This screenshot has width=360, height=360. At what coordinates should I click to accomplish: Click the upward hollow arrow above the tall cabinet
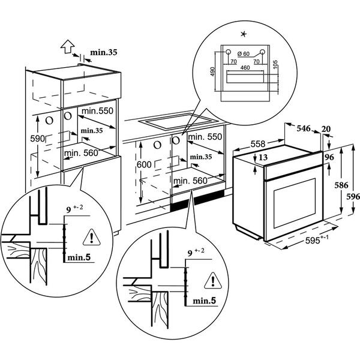(x=67, y=46)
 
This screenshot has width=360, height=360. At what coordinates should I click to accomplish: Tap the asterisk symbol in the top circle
(x=244, y=34)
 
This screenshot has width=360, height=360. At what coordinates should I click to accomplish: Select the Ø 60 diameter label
(x=244, y=54)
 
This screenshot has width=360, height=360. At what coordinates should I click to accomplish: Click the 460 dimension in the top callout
(x=245, y=68)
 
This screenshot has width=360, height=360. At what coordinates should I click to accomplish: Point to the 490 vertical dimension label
(x=212, y=71)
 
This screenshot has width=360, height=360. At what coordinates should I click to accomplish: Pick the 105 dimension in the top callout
(x=275, y=65)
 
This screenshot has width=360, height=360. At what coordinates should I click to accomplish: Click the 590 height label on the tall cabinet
(x=37, y=139)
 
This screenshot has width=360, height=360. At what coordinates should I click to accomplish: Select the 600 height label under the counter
(x=144, y=164)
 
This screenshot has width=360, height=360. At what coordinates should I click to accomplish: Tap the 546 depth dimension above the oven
(x=304, y=128)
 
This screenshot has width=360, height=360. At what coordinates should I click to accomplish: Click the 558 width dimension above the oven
(x=258, y=144)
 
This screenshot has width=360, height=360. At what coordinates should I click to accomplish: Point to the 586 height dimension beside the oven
(x=341, y=185)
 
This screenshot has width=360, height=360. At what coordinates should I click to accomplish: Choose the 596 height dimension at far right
(x=353, y=197)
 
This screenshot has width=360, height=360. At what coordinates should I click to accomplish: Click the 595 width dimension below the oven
(x=317, y=240)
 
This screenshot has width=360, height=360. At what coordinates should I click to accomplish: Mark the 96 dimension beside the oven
(x=329, y=157)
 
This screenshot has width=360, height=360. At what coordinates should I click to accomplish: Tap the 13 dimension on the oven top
(x=263, y=157)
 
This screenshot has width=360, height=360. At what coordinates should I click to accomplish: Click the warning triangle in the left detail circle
(x=92, y=238)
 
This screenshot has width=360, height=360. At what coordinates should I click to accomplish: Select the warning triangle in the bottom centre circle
(x=213, y=281)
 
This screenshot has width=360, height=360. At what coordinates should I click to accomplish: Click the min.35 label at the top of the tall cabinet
(x=104, y=52)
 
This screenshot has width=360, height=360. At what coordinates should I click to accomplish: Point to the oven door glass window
(x=295, y=203)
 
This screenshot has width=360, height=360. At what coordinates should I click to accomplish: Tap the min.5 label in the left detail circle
(x=79, y=257)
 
